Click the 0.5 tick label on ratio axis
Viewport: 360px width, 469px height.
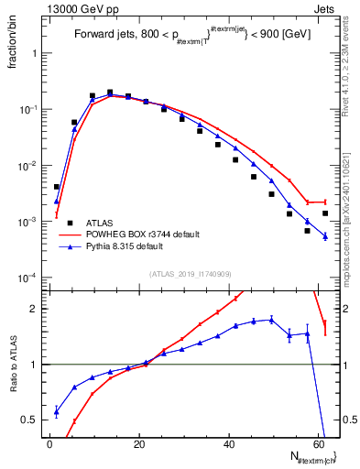(34, 420)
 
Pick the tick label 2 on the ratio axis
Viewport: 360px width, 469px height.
(38, 309)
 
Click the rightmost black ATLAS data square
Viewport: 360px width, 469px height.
(325, 213)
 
